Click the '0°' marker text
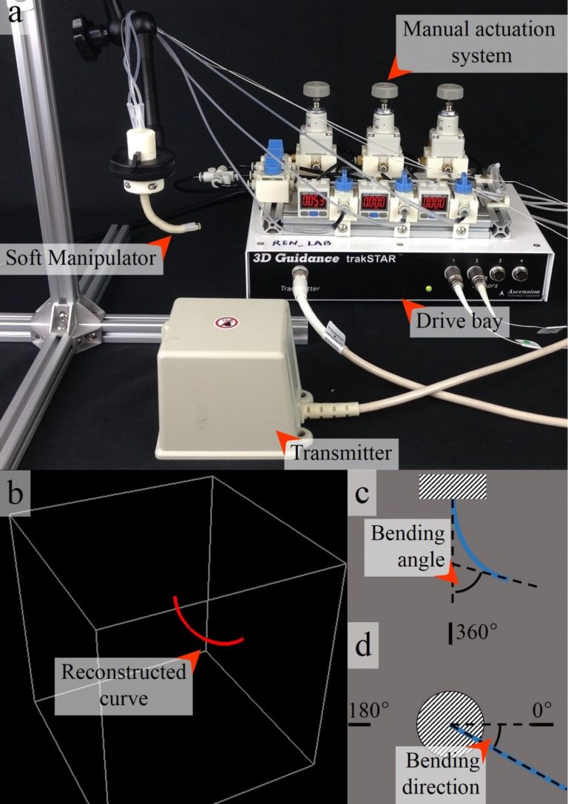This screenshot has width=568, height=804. click(x=542, y=712)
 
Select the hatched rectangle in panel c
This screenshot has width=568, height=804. click(x=452, y=487)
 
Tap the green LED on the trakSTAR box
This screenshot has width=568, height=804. click(x=427, y=287)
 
